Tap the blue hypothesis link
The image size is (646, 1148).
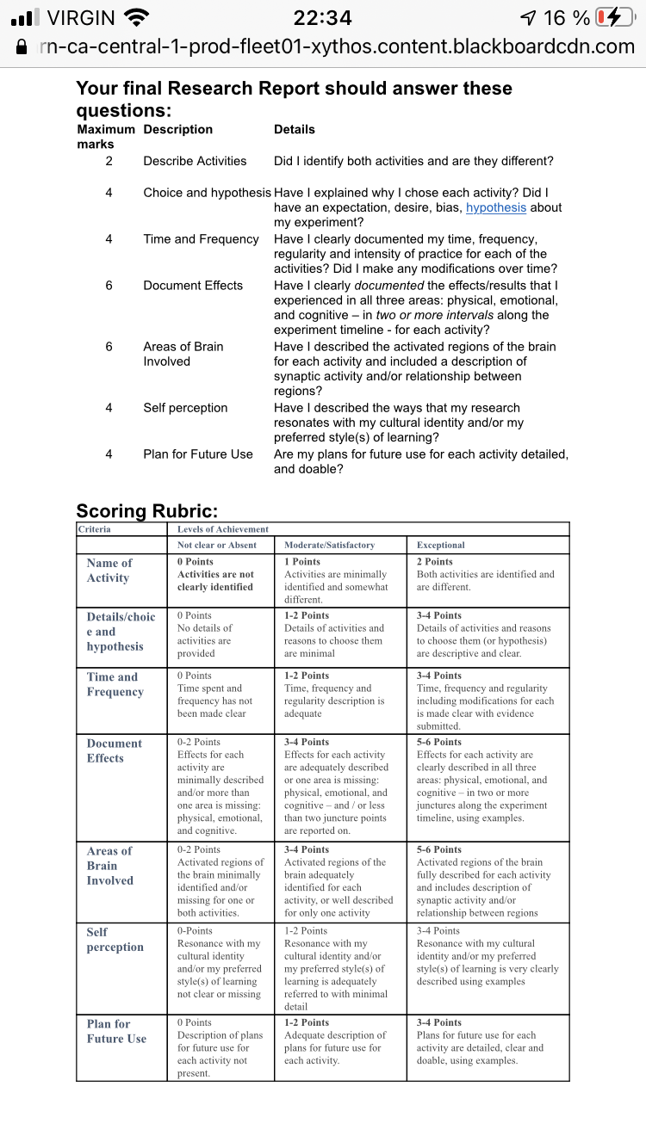tap(495, 207)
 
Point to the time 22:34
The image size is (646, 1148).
tap(323, 18)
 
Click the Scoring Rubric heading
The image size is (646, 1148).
tap(146, 511)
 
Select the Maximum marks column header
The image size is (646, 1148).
tap(106, 137)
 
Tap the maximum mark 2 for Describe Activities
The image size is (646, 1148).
tap(109, 161)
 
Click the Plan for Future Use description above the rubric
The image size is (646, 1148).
tap(198, 454)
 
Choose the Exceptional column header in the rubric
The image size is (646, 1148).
tap(440, 546)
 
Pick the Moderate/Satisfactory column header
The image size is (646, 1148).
tap(330, 546)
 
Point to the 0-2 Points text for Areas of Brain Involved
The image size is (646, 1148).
tap(199, 849)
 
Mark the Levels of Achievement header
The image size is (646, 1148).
tap(223, 529)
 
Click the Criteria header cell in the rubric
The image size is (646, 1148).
tap(95, 529)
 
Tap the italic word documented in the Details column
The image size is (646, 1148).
tap(388, 285)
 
